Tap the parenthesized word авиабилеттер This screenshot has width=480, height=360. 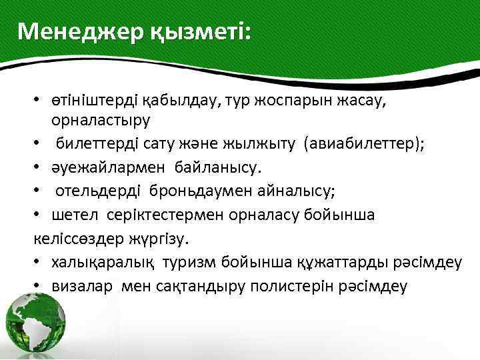point(363,144)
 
